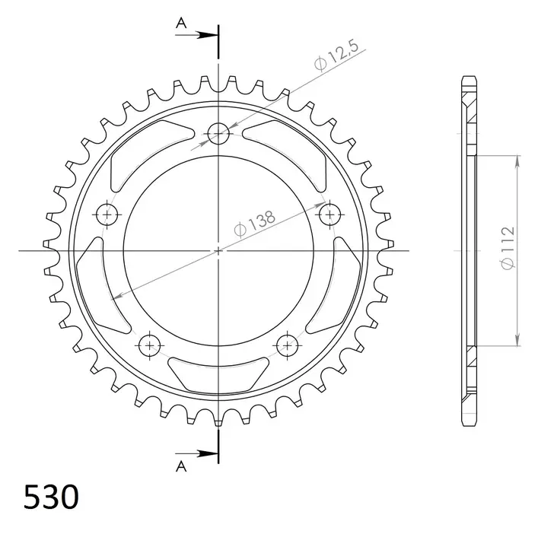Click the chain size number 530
pyautogui.click(x=51, y=498)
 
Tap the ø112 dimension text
pyautogui.click(x=508, y=247)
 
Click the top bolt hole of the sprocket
pyautogui.click(x=219, y=135)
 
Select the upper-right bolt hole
pyautogui.click(x=329, y=215)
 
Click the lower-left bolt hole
pyautogui.click(x=150, y=345)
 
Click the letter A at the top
pyautogui.click(x=181, y=24)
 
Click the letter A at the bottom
pyautogui.click(x=181, y=466)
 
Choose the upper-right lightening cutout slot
pyautogui.click(x=296, y=152)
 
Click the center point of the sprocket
pyautogui.click(x=219, y=250)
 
